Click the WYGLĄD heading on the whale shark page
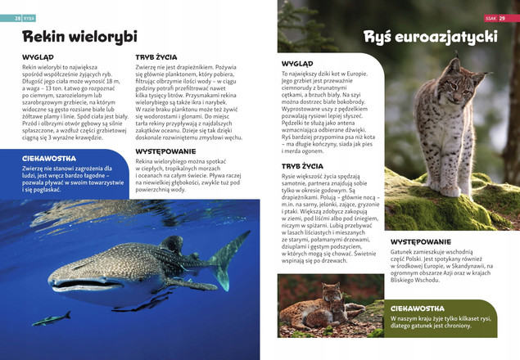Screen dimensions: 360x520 pyautogui.click(x=38, y=58)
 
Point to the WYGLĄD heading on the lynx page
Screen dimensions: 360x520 pyautogui.click(x=296, y=63)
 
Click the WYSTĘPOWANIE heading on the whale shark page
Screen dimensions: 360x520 pyautogui.click(x=165, y=151)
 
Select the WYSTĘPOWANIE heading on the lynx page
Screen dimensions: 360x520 pyautogui.click(x=420, y=241)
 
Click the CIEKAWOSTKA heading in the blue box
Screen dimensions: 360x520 pyautogui.click(x=49, y=158)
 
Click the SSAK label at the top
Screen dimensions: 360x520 pyautogui.click(x=490, y=16)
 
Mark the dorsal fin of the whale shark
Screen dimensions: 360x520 pyautogui.click(x=173, y=244)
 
